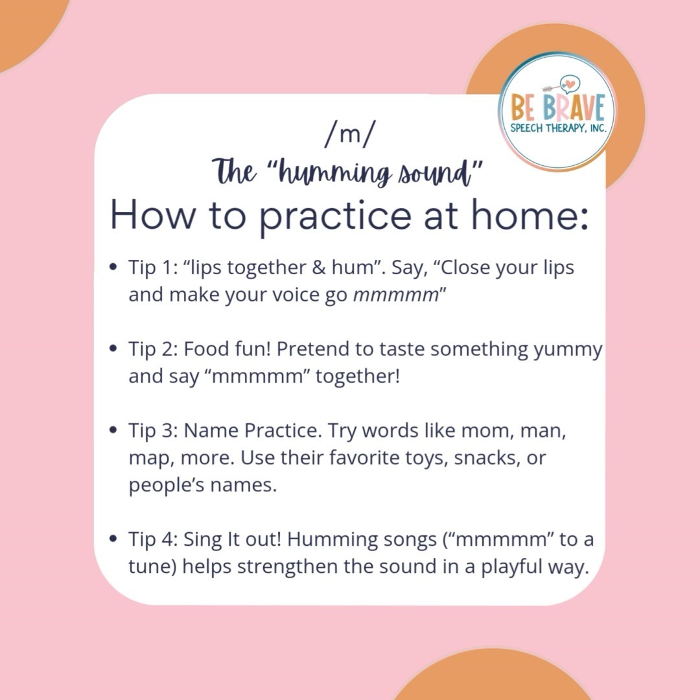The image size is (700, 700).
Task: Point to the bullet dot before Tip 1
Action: pyautogui.click(x=113, y=267)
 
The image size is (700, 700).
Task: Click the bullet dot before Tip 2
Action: pyautogui.click(x=113, y=349)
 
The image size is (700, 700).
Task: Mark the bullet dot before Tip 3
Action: pyautogui.click(x=113, y=430)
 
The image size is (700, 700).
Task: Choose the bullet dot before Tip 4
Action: pyautogui.click(x=113, y=539)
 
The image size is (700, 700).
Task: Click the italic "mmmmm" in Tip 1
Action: pyautogui.click(x=395, y=295)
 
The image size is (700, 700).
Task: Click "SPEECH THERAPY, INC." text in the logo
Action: pyautogui.click(x=558, y=128)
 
